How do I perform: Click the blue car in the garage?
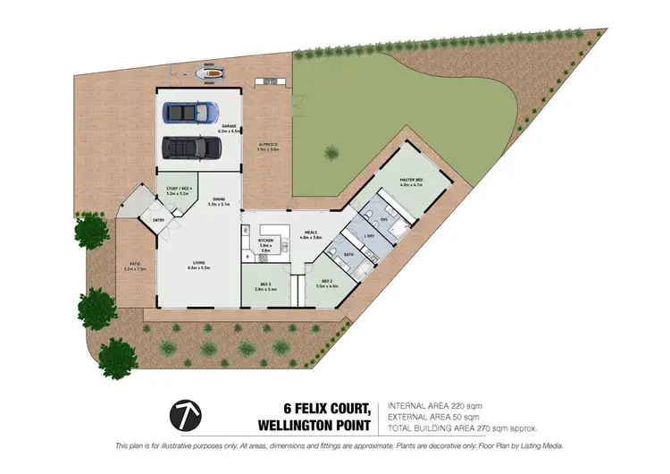click(191, 113)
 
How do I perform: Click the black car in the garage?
click(191, 146)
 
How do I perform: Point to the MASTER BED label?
click(411, 182)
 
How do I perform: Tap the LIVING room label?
click(198, 265)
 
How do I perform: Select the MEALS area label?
click(310, 235)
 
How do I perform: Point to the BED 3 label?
click(264, 286)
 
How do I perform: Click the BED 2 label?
click(328, 284)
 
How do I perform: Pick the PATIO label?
click(134, 265)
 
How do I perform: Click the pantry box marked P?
click(247, 258)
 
